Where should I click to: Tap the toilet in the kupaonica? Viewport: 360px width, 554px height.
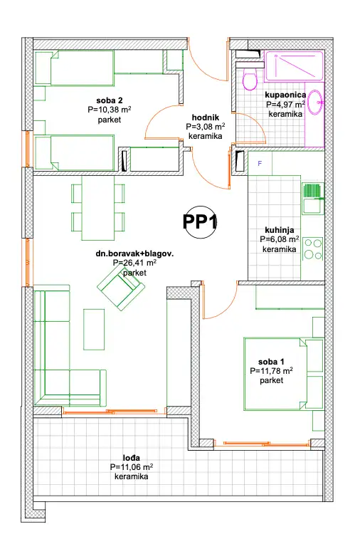click(250, 79)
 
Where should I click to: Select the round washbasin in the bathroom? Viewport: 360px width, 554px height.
click(315, 102)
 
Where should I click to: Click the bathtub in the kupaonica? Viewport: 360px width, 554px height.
click(294, 66)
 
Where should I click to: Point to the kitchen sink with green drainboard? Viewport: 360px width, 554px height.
click(313, 199)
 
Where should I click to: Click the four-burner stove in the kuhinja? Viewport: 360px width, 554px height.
click(313, 249)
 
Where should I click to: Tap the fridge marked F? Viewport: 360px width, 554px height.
click(260, 163)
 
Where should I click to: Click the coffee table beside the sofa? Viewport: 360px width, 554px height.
click(94, 329)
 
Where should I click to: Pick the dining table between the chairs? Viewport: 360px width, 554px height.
click(97, 208)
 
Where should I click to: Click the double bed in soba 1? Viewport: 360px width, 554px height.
click(283, 374)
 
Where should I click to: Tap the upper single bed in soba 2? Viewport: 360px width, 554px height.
click(74, 68)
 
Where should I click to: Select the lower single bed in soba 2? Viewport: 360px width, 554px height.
click(74, 152)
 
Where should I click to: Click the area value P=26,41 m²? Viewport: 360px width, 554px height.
click(134, 263)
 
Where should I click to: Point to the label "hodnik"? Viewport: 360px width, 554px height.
click(206, 117)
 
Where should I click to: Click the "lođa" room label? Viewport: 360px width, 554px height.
click(132, 458)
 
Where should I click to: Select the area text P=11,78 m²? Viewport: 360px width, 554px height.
click(271, 371)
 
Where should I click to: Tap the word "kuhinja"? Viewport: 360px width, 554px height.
click(279, 230)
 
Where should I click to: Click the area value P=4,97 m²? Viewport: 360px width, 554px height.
click(285, 105)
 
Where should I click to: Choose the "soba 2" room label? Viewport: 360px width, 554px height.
click(110, 100)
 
